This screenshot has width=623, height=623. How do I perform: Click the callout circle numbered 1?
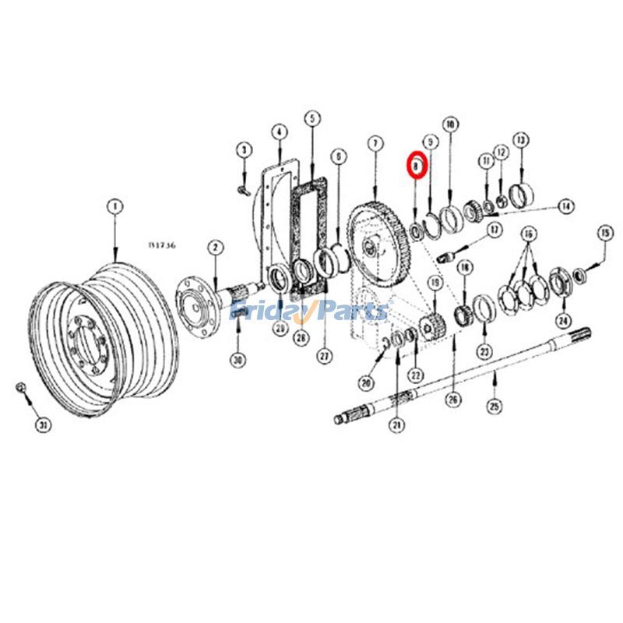pos(114,206)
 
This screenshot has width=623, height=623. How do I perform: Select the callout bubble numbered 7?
pos(375,144)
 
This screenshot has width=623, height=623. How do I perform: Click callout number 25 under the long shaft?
pos(494,406)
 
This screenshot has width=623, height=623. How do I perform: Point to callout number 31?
pos(45,424)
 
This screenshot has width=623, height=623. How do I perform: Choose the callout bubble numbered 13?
pos(520,139)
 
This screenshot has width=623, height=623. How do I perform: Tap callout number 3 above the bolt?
pos(243,149)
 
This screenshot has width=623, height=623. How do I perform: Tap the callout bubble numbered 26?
pos(452,399)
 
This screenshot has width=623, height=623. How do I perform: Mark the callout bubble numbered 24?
pos(562,320)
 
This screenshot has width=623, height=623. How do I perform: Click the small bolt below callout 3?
pos(241,186)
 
